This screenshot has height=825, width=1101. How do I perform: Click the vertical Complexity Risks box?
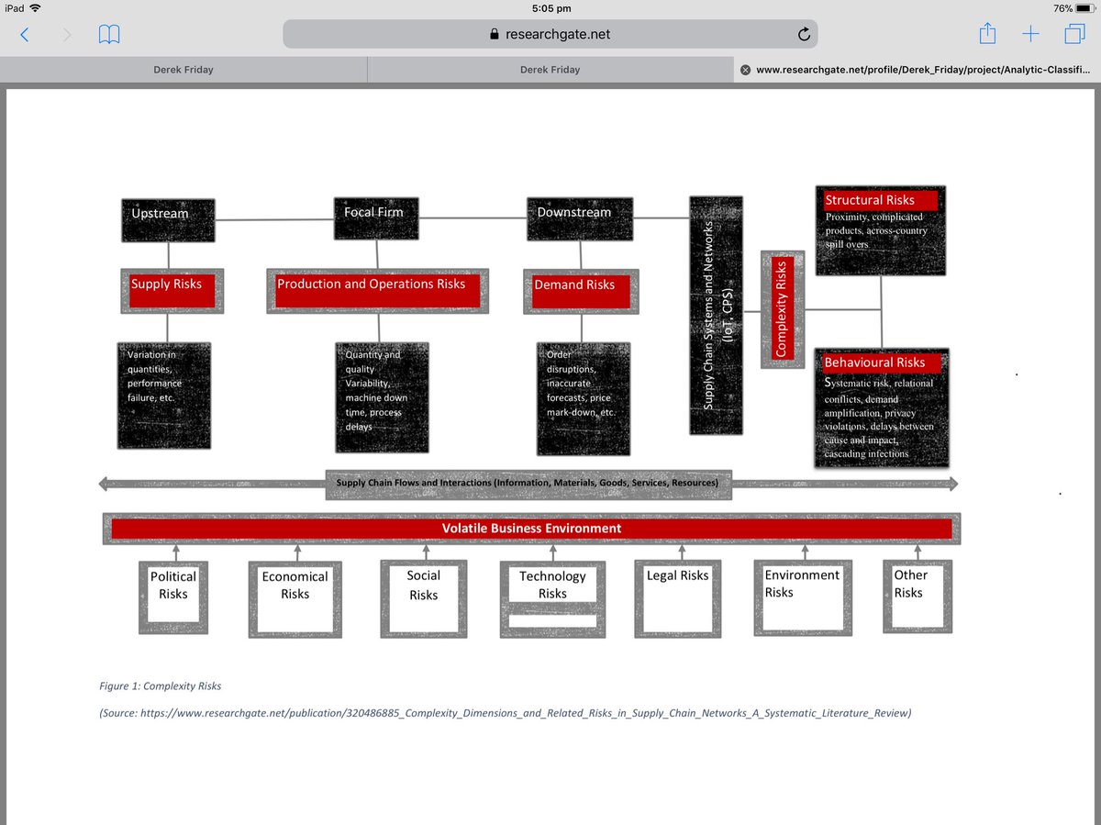pyautogui.click(x=782, y=309)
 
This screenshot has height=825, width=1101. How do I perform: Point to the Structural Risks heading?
pyautogui.click(x=870, y=200)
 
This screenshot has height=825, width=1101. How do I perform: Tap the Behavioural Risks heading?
pyautogui.click(x=874, y=362)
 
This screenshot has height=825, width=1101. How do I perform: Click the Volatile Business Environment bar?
pyautogui.click(x=531, y=529)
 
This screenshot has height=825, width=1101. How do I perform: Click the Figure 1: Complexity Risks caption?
pyautogui.click(x=161, y=686)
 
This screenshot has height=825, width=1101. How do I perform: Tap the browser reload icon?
pyautogui.click(x=804, y=35)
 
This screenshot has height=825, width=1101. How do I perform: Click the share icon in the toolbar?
pyautogui.click(x=987, y=35)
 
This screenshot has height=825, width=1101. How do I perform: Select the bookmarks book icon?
pyautogui.click(x=109, y=35)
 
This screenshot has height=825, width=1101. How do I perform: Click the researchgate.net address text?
pyautogui.click(x=557, y=35)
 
